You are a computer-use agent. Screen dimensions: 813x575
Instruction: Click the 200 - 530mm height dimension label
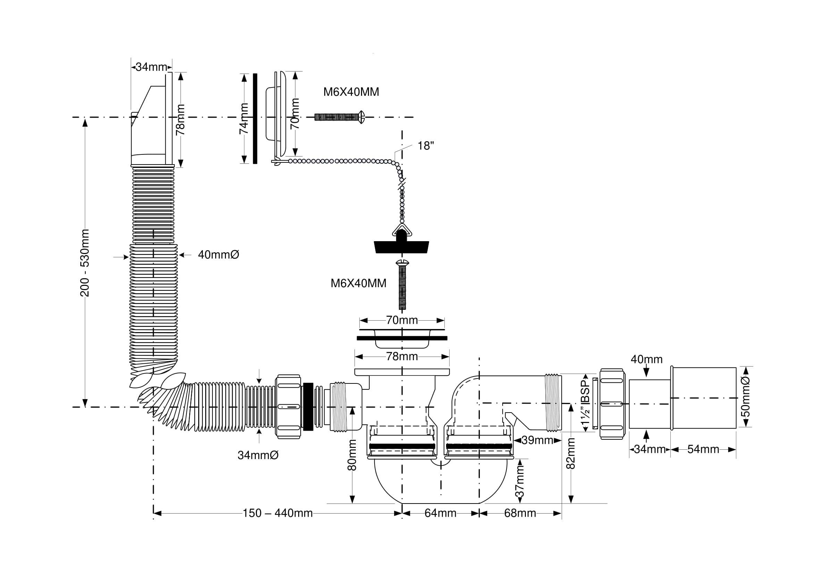click(x=85, y=263)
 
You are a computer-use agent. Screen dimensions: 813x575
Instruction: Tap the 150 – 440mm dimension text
click(x=278, y=513)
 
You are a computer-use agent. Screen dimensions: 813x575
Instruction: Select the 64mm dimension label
click(x=441, y=513)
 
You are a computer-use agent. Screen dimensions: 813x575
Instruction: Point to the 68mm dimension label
click(x=520, y=513)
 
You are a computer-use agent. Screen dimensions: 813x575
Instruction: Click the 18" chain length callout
click(x=426, y=145)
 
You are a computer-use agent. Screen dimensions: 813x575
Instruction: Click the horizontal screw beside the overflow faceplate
click(x=340, y=117)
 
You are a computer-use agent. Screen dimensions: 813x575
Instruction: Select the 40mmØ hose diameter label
click(x=218, y=255)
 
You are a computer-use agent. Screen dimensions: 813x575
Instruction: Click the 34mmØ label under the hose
click(x=258, y=455)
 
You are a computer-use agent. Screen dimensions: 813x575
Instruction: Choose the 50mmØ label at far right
click(x=745, y=397)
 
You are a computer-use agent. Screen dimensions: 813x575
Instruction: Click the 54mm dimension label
click(x=703, y=449)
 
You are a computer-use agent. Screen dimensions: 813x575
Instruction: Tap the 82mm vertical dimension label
click(x=571, y=454)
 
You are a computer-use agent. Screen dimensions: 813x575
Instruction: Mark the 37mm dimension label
click(x=519, y=482)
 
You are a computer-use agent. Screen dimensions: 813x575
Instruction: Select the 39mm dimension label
click(x=537, y=440)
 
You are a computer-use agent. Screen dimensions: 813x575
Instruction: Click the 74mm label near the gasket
click(x=244, y=119)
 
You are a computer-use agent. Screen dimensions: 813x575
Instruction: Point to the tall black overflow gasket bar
click(x=255, y=119)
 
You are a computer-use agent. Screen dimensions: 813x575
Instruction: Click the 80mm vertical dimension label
click(x=352, y=455)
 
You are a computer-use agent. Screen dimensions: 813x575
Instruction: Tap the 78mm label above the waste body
click(x=402, y=356)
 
